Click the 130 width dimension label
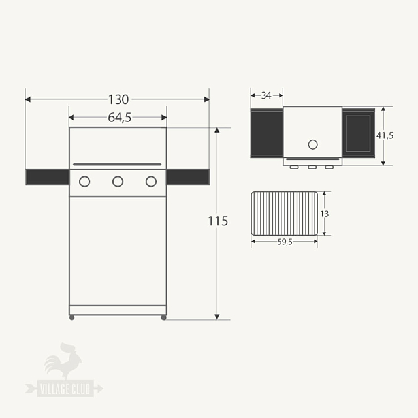[x=118, y=100]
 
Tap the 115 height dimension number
[x=217, y=221]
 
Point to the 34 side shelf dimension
[x=266, y=95]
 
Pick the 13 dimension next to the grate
[x=324, y=214]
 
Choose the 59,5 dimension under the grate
[x=284, y=241]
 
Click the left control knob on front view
[x=84, y=182]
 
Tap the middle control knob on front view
[x=118, y=182]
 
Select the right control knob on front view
[x=151, y=182]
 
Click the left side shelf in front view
[x=47, y=177]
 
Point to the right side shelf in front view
[x=188, y=177]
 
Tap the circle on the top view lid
[x=312, y=144]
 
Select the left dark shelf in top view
[x=266, y=133]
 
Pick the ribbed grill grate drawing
[x=285, y=214]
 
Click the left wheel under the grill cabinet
[x=72, y=317]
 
